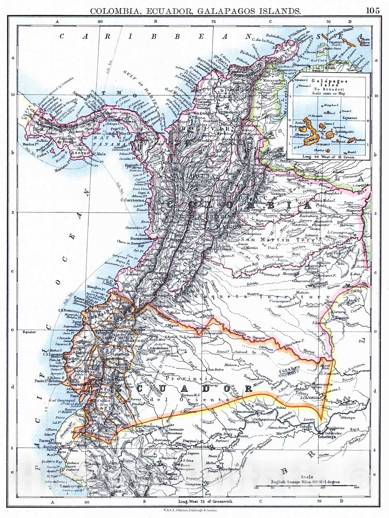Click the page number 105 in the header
tap(372, 10)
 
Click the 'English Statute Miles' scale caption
tap(306, 482)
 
